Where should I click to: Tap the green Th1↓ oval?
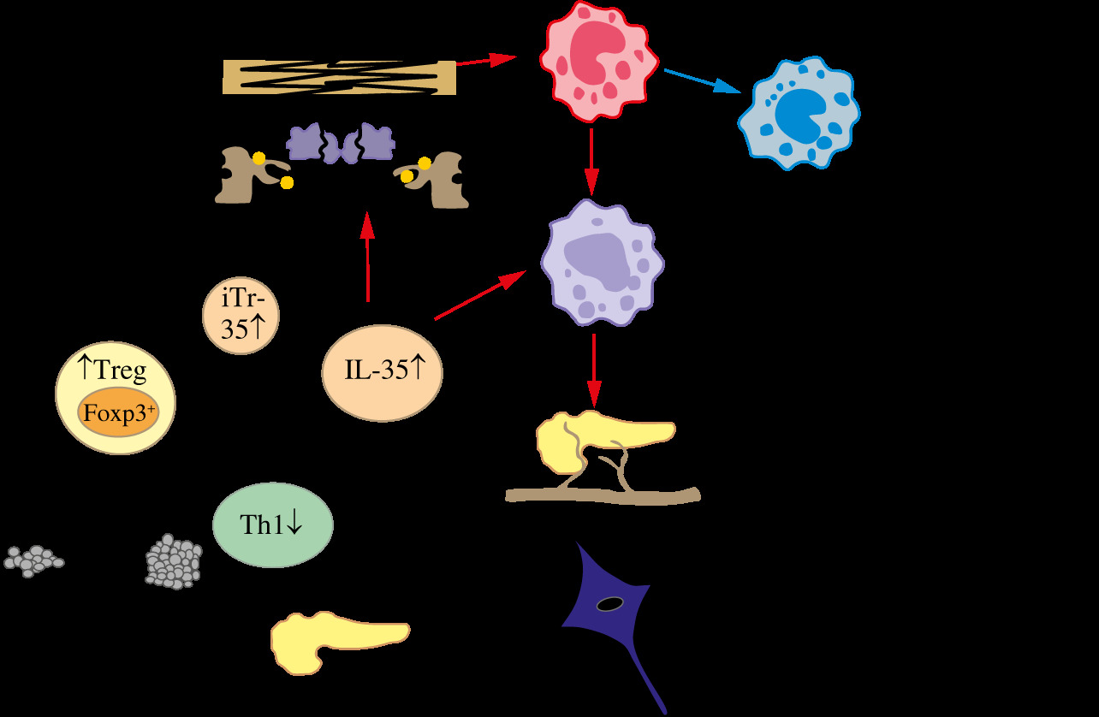272,524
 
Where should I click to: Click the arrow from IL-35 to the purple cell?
479,296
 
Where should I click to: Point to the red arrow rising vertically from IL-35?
368,257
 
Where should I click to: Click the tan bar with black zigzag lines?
338,76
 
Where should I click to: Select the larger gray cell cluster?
173,561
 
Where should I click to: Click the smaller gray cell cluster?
33,560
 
